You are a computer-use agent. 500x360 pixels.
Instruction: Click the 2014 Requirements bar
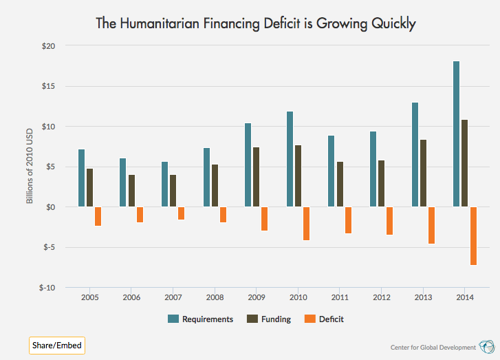point(456,134)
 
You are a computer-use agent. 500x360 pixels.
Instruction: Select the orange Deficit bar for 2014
point(473,235)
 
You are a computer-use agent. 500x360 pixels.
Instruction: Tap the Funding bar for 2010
point(298,176)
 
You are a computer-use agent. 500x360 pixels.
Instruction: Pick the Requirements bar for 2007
point(165,184)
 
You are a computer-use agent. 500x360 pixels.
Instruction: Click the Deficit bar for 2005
point(98,216)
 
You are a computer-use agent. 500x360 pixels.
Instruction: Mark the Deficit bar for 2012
point(390,220)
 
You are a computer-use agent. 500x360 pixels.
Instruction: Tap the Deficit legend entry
point(324,319)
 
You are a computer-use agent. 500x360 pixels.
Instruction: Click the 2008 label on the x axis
point(215,298)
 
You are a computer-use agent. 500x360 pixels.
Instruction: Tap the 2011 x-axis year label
point(340,298)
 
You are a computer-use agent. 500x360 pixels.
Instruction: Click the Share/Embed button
point(57,345)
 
